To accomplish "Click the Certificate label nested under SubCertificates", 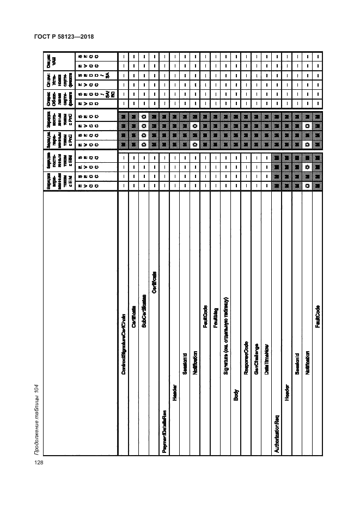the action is tap(154, 282).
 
